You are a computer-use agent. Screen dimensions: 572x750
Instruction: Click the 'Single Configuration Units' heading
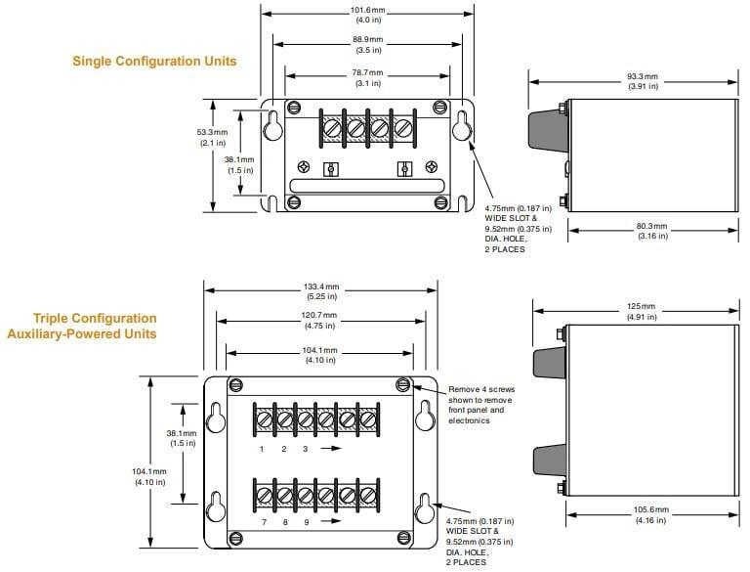[154, 61]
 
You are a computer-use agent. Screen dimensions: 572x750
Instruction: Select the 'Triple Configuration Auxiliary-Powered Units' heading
[95, 327]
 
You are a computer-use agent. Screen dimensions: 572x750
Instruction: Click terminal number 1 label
[262, 449]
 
